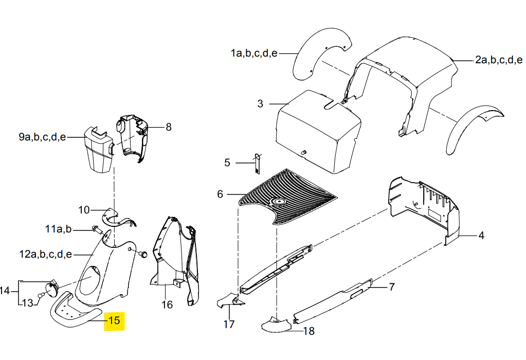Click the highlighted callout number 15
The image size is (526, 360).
(x=114, y=320)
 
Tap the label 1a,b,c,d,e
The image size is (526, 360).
(x=254, y=53)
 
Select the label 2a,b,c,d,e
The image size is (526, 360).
(x=499, y=60)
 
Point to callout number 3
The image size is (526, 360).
(x=260, y=104)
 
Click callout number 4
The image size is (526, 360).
(x=481, y=236)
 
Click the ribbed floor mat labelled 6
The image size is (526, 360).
(x=287, y=196)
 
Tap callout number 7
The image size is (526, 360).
(x=392, y=287)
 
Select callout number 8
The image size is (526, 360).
(x=169, y=127)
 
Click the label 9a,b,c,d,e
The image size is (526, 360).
(x=42, y=137)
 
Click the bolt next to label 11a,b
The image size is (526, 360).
(x=96, y=230)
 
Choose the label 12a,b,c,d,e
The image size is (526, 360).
(x=46, y=255)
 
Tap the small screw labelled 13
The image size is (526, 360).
(x=41, y=295)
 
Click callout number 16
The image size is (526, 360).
(x=167, y=304)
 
